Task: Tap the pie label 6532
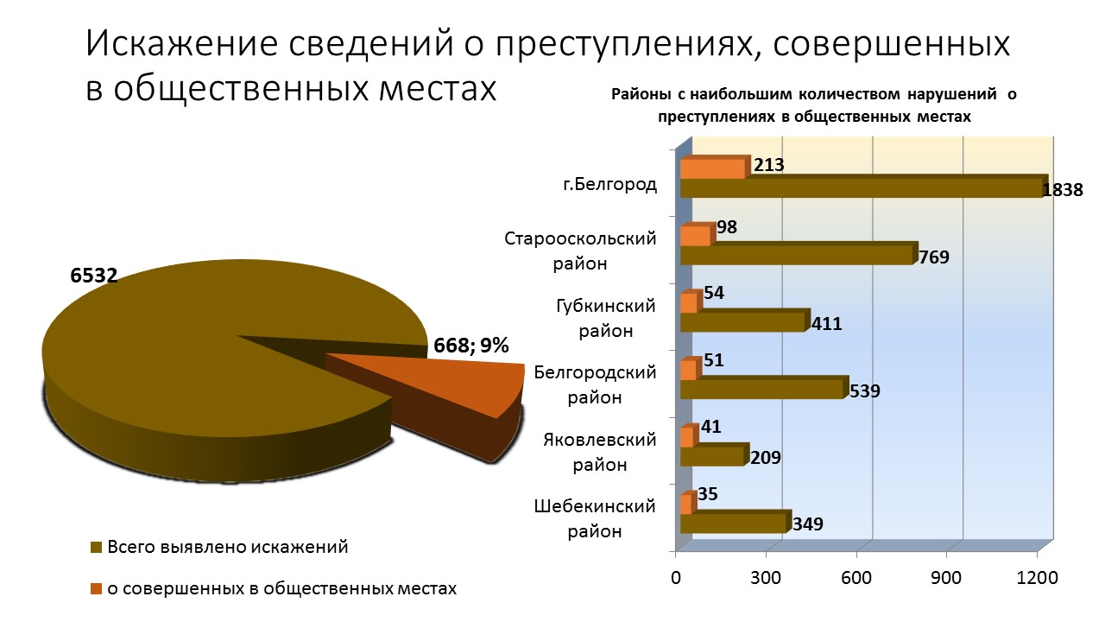pyautogui.click(x=93, y=276)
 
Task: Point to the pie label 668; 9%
pyautogui.click(x=471, y=346)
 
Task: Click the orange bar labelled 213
pyautogui.click(x=712, y=168)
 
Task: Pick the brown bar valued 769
pyautogui.click(x=796, y=255)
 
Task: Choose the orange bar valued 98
pyautogui.click(x=695, y=235)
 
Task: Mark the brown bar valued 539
pyautogui.click(x=761, y=389)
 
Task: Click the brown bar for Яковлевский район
pyautogui.click(x=711, y=455)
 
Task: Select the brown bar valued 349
pyautogui.click(x=734, y=523)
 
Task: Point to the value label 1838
pyautogui.click(x=1062, y=191)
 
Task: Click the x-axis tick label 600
pyautogui.click(x=856, y=578)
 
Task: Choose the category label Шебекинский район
pyautogui.click(x=595, y=518)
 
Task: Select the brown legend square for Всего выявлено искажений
pyautogui.click(x=96, y=548)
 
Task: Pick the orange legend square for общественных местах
pyautogui.click(x=96, y=589)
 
